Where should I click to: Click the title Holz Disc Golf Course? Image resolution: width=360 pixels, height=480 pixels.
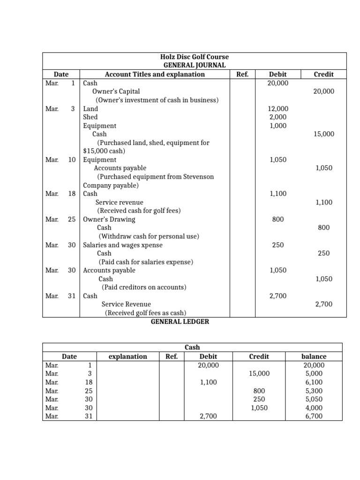pyautogui.click(x=194, y=57)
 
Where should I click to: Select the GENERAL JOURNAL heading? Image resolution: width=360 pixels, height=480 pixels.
pyautogui.click(x=194, y=66)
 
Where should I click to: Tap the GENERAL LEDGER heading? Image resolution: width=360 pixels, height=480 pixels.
pyautogui.click(x=180, y=322)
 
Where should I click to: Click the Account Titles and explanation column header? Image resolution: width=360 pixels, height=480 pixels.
pyautogui.click(x=155, y=74)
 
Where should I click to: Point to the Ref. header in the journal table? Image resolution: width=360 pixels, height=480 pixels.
pyautogui.click(x=242, y=74)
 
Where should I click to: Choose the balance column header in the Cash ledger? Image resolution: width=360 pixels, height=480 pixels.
pyautogui.click(x=314, y=356)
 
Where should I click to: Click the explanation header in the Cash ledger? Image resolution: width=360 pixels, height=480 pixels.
pyautogui.click(x=127, y=356)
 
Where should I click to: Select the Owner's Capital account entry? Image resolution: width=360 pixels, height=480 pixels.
pyautogui.click(x=116, y=91)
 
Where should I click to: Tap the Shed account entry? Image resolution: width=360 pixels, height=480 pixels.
pyautogui.click(x=90, y=117)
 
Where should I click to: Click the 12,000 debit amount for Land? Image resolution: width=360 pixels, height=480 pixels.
pyautogui.click(x=277, y=109)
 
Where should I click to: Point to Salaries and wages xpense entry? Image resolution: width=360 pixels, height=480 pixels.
pyautogui.click(x=123, y=245)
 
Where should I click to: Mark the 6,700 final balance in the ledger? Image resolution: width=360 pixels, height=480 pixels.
pyautogui.click(x=314, y=416)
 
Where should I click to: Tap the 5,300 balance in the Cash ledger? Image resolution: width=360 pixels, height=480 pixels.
pyautogui.click(x=314, y=390)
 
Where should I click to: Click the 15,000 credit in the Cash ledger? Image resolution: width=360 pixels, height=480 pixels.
pyautogui.click(x=259, y=374)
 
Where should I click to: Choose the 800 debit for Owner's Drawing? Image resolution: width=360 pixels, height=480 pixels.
pyautogui.click(x=277, y=219)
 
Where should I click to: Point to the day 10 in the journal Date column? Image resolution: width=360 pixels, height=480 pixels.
pyautogui.click(x=72, y=160)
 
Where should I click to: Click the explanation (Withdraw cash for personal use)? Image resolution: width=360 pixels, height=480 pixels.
pyautogui.click(x=149, y=236)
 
